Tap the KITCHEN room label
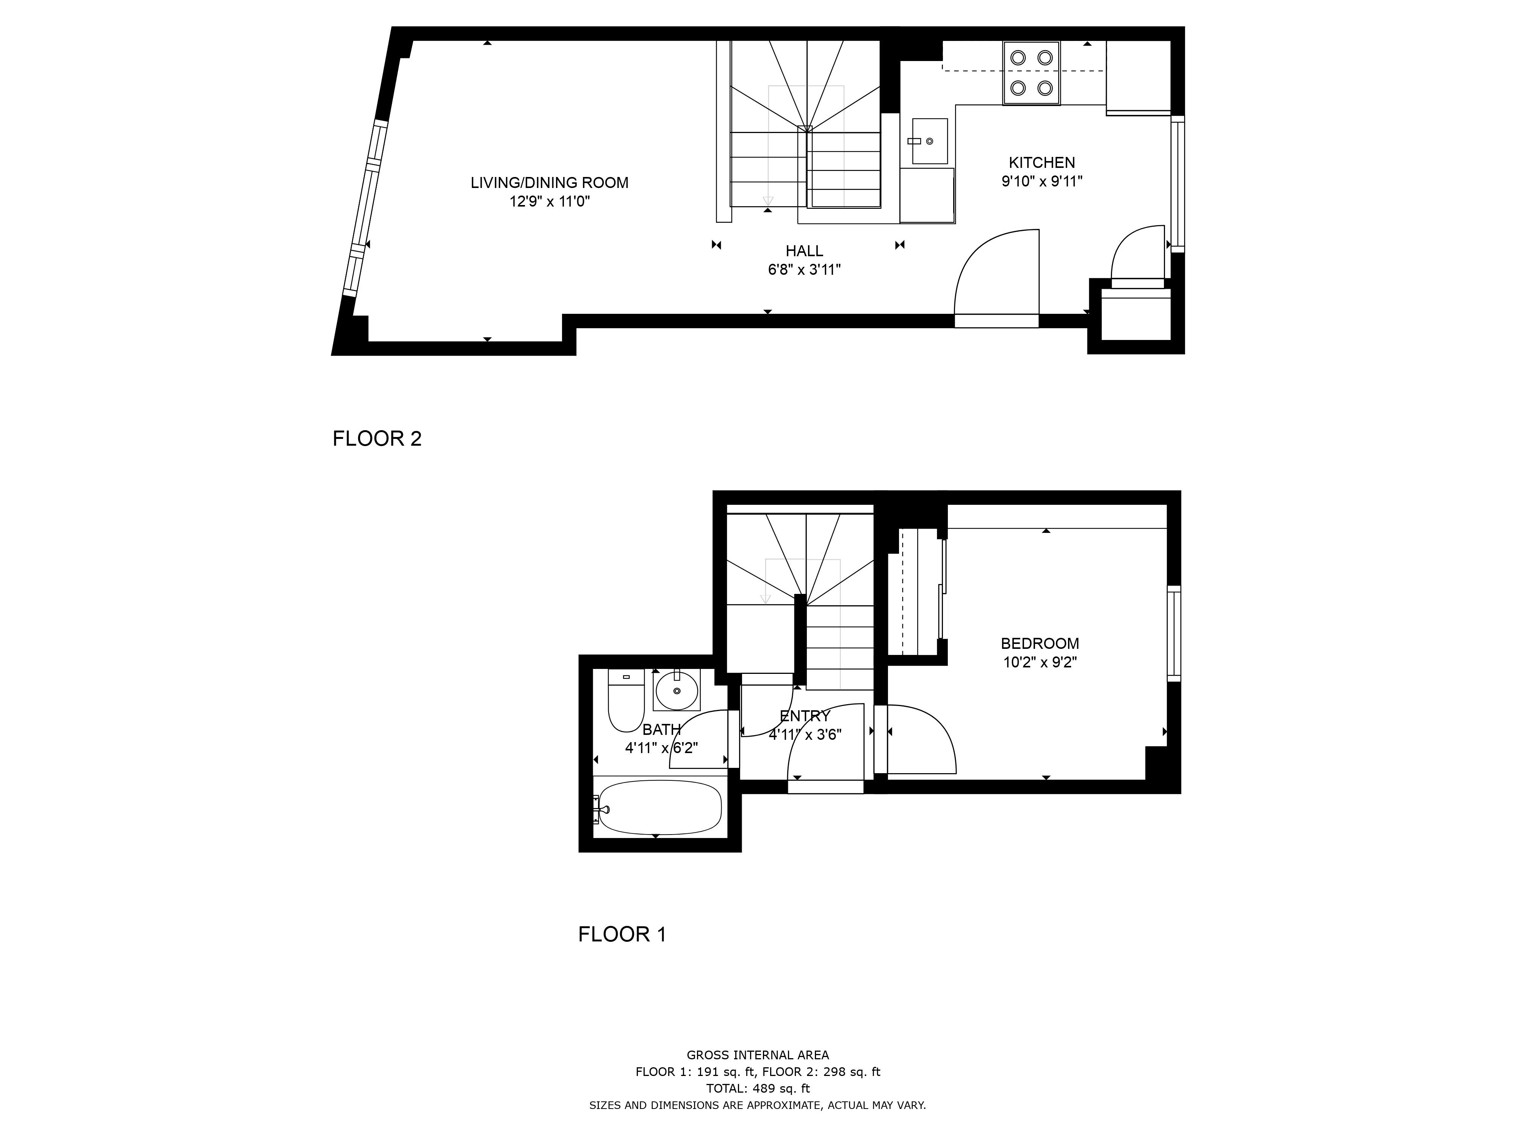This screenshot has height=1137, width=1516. click(x=1042, y=163)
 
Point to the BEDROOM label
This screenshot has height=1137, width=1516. click(x=1040, y=644)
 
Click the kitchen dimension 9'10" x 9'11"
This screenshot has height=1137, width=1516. click(x=1042, y=182)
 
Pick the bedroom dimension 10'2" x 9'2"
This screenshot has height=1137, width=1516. click(x=1040, y=663)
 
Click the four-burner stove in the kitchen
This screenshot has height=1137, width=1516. click(x=1032, y=73)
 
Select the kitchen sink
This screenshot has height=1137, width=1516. click(x=929, y=141)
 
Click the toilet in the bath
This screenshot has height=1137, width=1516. click(x=626, y=700)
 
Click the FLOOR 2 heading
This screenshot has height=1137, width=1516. click(x=377, y=439)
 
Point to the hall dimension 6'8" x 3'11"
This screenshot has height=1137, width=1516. click(x=804, y=270)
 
